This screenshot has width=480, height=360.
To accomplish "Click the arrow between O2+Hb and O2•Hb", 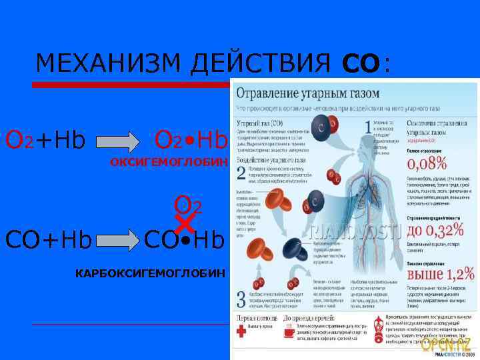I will tap(122, 142).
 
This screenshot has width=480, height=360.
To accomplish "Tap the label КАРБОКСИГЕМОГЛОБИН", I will tap(151, 273).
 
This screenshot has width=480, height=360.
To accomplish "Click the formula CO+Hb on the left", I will tap(48, 239).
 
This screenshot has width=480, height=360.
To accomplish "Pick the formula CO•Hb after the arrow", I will tap(185, 239).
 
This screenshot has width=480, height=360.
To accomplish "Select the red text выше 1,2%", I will tap(440, 273).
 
